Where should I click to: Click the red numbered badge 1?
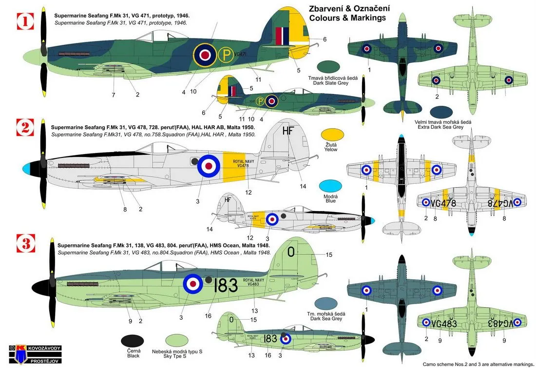[x=25, y=21]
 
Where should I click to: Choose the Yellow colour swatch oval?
[x=333, y=136]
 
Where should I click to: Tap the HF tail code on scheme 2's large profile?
[x=288, y=131]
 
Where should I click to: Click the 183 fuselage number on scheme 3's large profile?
[x=226, y=285]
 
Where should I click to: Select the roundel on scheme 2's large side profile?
[x=208, y=166]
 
